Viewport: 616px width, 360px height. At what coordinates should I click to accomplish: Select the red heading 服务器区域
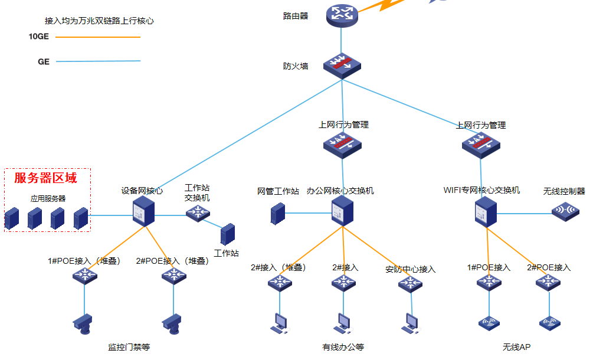point(45,178)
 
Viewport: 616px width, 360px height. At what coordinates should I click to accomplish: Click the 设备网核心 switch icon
point(143,211)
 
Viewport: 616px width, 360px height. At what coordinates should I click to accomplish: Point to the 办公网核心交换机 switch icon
point(342,211)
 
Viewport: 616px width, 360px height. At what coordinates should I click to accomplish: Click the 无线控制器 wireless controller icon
point(565,211)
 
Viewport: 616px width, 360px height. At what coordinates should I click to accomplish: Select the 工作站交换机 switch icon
point(198,212)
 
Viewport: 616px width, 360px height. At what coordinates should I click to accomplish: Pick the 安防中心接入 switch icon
point(410,284)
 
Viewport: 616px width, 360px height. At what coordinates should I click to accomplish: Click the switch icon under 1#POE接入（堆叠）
point(84,274)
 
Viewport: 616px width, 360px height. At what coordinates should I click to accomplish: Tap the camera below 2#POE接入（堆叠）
point(173,322)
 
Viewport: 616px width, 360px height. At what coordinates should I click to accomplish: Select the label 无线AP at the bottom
point(516,347)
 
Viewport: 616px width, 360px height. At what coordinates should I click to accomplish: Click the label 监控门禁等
point(129,347)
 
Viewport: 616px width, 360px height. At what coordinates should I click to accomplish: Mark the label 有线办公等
point(343,347)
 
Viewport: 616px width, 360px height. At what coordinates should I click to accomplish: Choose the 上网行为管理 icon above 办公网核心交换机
point(342,144)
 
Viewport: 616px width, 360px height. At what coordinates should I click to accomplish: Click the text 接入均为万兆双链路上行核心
point(99,21)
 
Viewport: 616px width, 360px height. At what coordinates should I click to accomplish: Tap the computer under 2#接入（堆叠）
point(279,322)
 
